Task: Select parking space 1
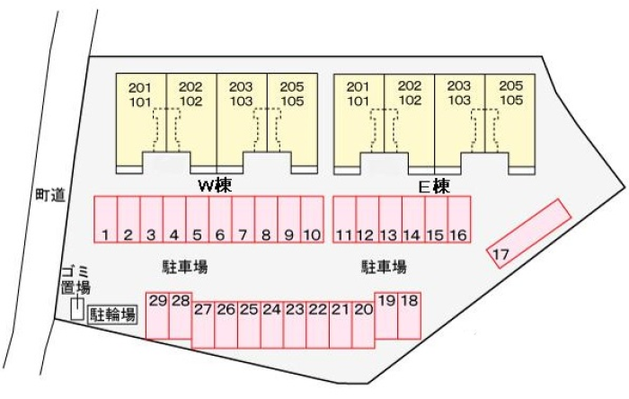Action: [x=106, y=220]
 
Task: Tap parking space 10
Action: [x=312, y=220]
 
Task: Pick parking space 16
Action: [x=459, y=220]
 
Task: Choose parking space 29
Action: [x=157, y=315]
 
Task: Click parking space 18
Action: [x=410, y=315]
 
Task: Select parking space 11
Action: [x=344, y=220]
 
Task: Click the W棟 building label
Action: [x=215, y=185]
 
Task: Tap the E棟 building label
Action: [x=434, y=186]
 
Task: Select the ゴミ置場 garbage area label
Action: [x=75, y=279]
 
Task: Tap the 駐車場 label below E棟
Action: [x=384, y=267]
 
